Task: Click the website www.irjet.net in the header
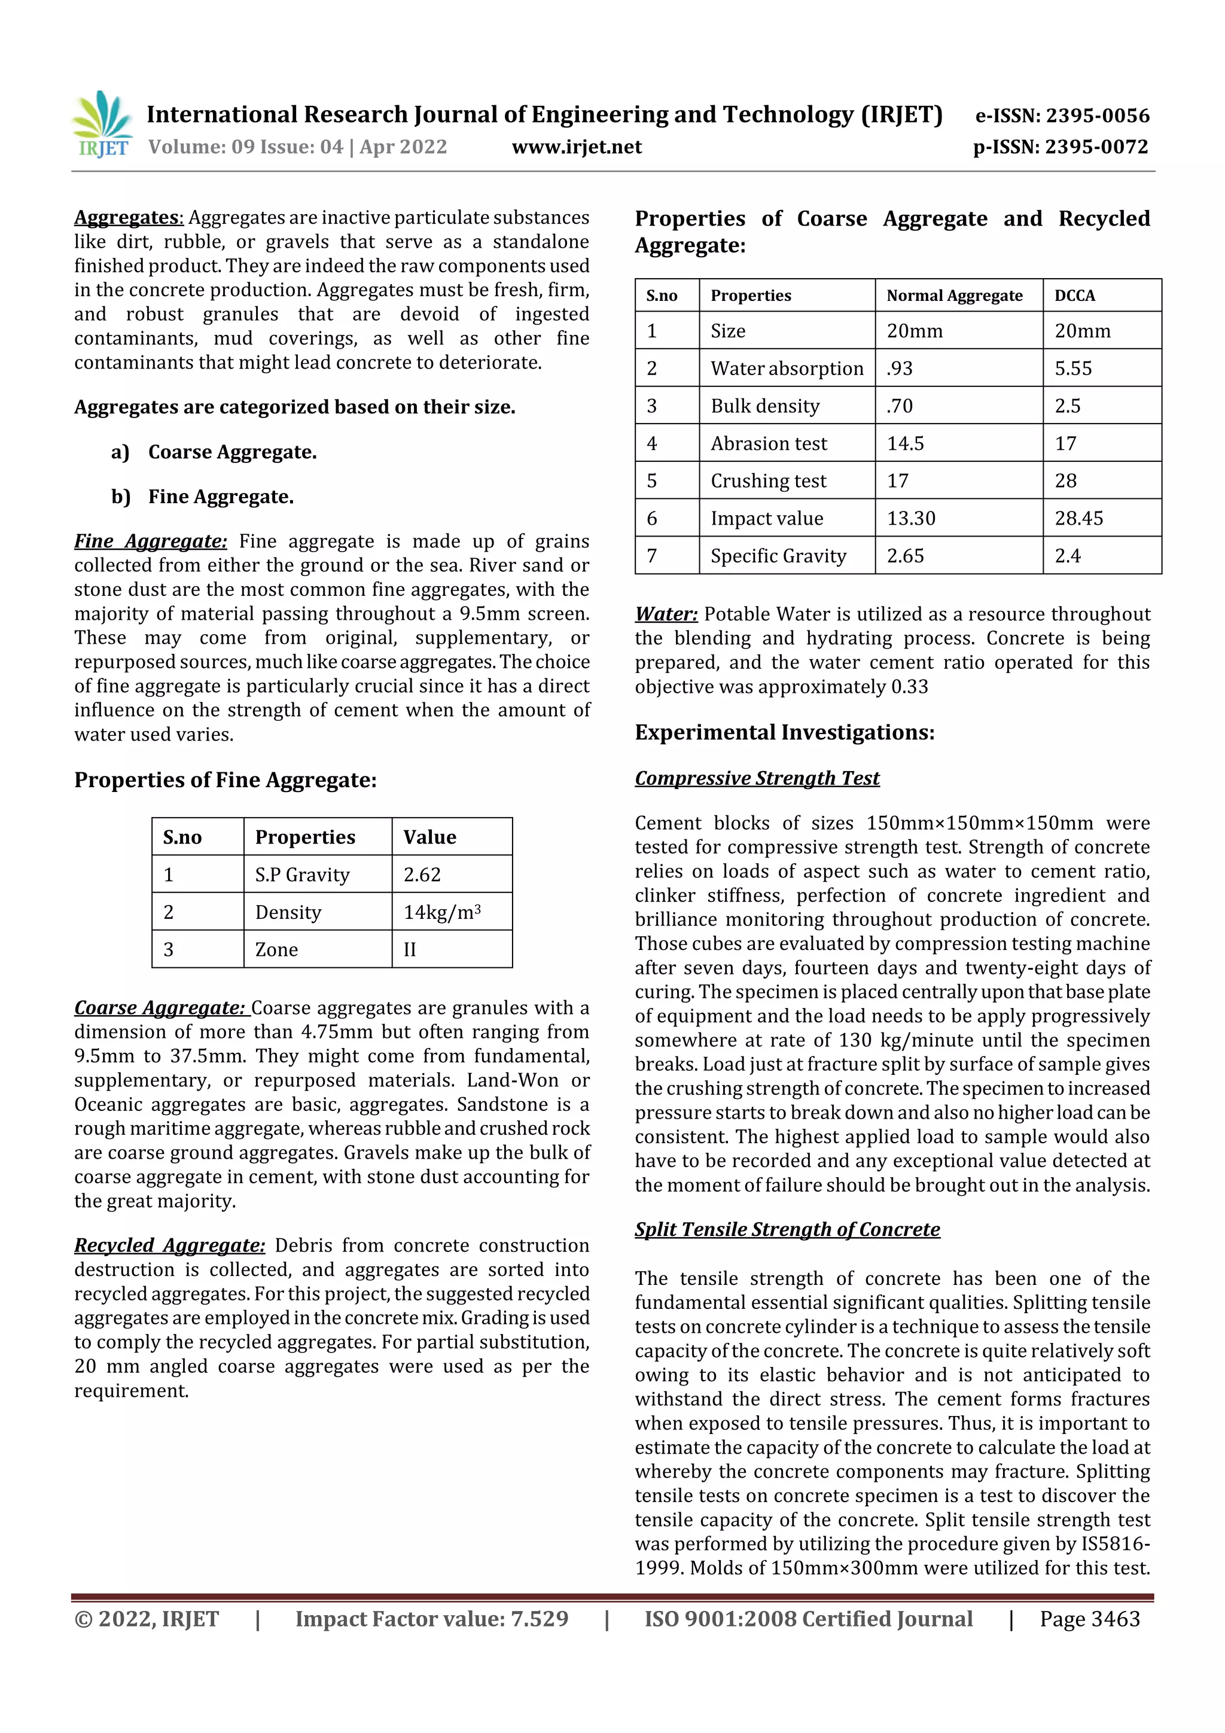coord(577,147)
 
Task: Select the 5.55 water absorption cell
coord(1073,368)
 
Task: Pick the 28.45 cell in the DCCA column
coord(1078,519)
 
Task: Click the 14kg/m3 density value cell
coord(442,912)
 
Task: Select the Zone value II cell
coord(410,949)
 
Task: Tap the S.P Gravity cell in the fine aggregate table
coord(303,875)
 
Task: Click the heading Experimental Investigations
coord(784,732)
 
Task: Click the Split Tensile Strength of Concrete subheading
coord(787,1229)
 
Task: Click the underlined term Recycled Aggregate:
coord(170,1245)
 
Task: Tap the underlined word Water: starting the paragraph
coord(666,614)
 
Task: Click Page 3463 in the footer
coord(1089,1618)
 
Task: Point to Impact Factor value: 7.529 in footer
coord(431,1618)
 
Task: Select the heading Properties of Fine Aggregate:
coord(225,779)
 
